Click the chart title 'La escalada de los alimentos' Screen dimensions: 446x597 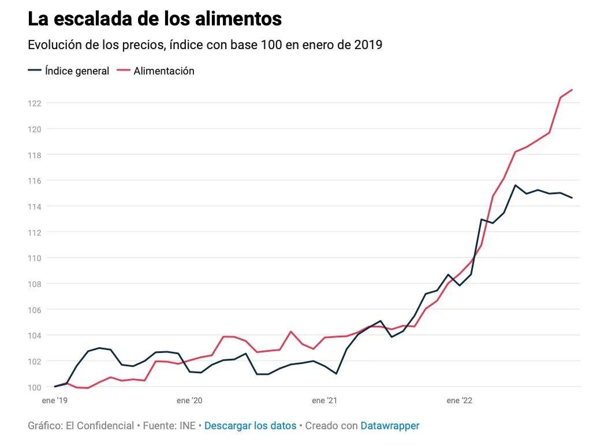tap(155, 19)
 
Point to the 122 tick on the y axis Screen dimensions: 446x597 tap(35, 103)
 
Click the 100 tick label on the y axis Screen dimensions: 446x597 tap(35, 387)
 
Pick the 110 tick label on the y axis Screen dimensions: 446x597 tap(35, 258)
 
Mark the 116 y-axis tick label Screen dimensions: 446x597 tap(35, 181)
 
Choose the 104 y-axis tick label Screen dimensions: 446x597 tap(35, 336)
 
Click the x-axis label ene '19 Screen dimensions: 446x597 tap(55, 400)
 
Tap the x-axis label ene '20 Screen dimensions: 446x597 tap(189, 400)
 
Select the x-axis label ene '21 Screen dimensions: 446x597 tap(324, 400)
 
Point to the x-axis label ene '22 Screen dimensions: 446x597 tap(460, 400)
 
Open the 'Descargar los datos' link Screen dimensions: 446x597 tap(250, 426)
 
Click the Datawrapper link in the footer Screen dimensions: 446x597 tap(390, 426)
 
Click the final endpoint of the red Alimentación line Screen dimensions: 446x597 tap(572, 90)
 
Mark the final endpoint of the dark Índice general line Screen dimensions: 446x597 tap(572, 198)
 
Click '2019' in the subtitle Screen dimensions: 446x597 tap(368, 45)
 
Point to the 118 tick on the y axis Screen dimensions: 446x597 tap(35, 155)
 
